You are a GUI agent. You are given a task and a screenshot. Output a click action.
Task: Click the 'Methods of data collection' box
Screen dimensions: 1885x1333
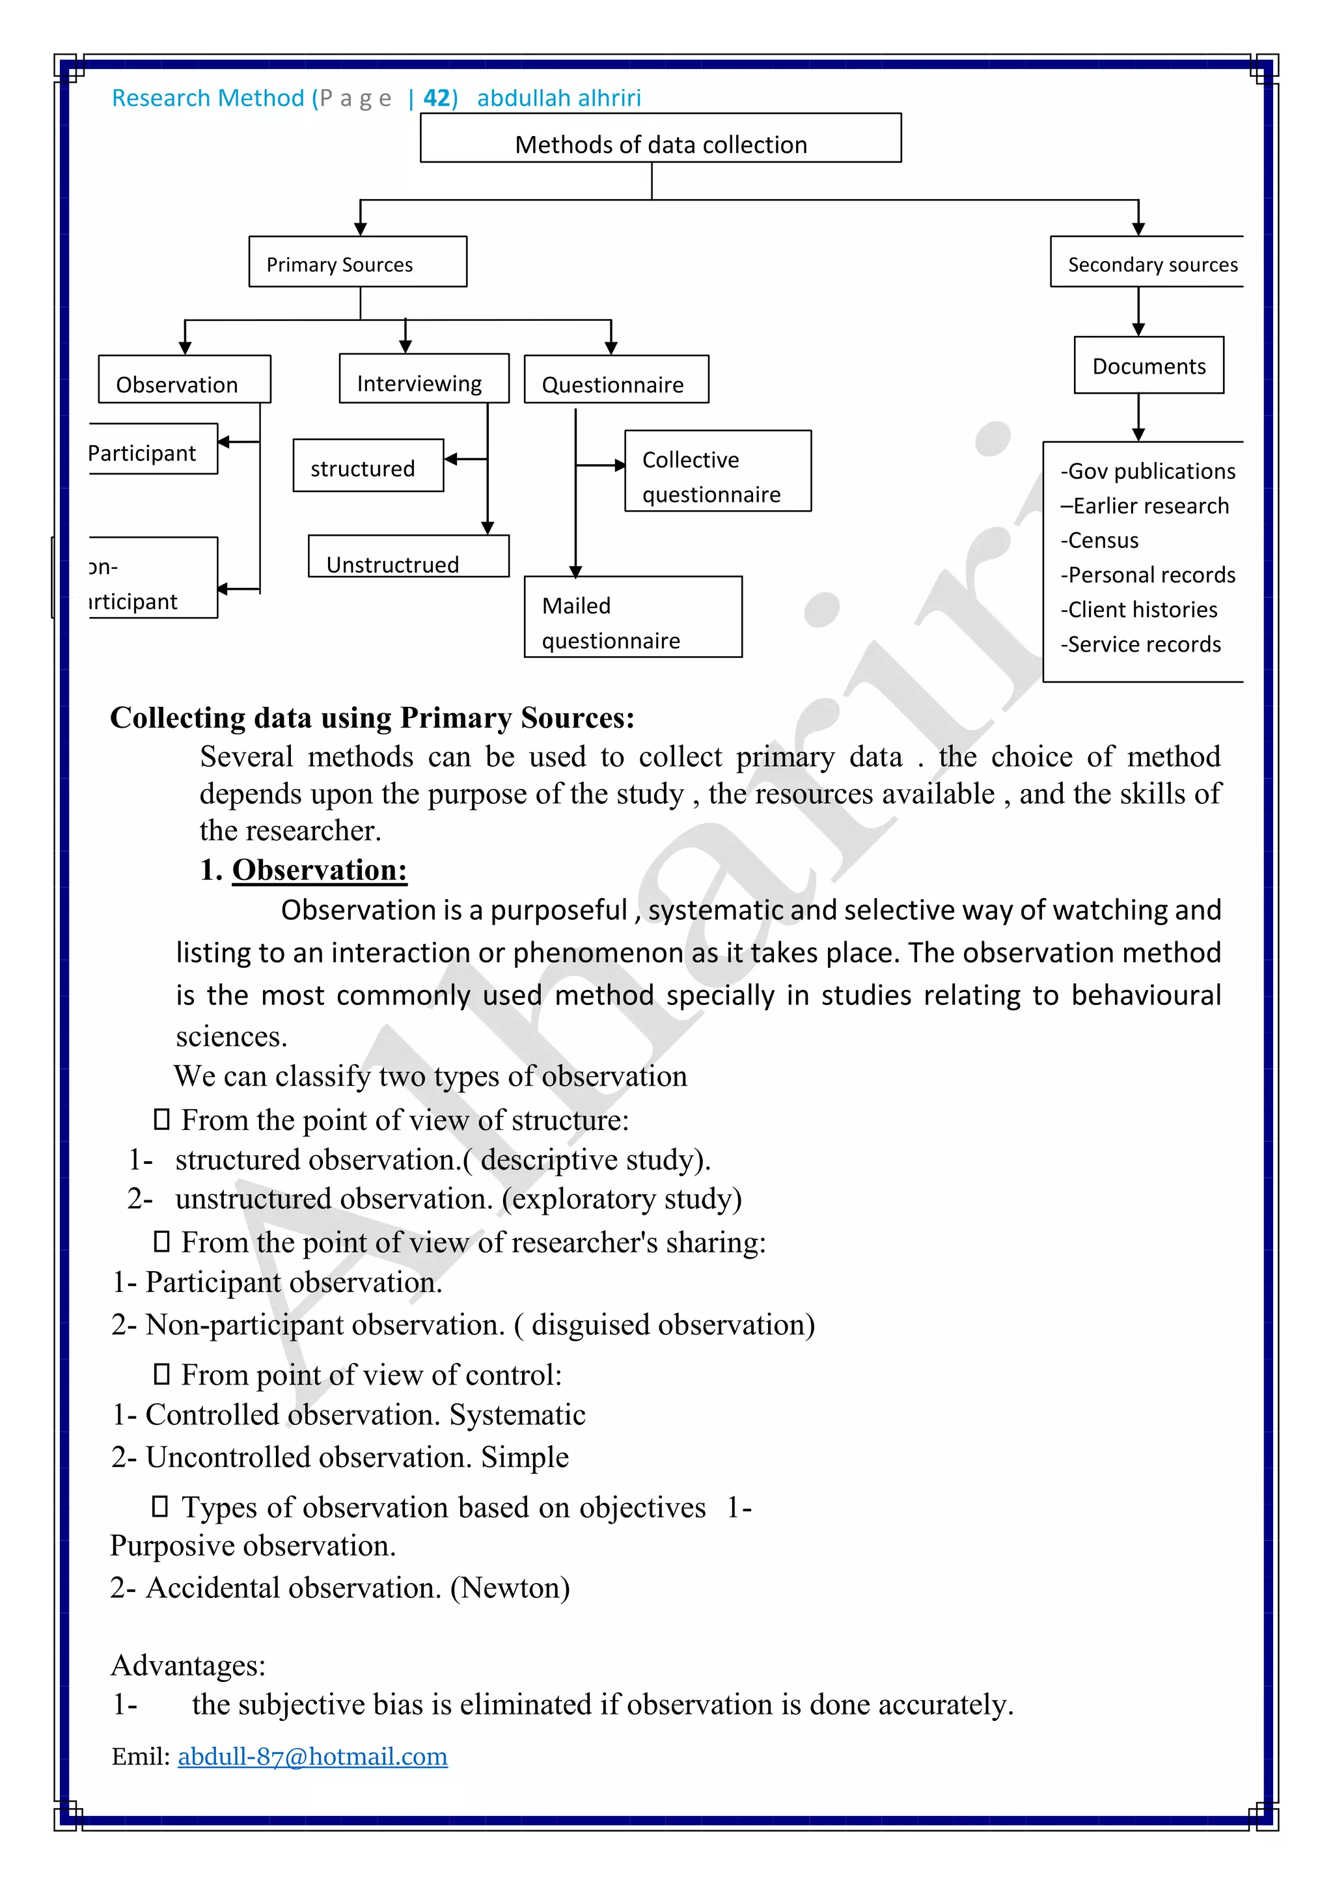[x=661, y=139]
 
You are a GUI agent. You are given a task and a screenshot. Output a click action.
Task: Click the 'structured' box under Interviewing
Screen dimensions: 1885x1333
[x=368, y=466]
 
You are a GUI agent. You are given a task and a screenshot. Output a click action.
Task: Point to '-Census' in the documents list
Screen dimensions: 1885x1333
[x=1099, y=541]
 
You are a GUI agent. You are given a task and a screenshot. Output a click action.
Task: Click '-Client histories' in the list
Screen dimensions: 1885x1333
[x=1138, y=610]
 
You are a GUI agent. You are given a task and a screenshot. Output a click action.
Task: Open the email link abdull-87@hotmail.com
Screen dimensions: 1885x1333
[x=312, y=1756]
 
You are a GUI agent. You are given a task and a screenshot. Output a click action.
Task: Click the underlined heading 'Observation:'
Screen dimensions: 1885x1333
[x=320, y=870]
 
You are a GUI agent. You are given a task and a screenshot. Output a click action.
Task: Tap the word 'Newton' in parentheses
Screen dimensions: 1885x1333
[x=510, y=1588]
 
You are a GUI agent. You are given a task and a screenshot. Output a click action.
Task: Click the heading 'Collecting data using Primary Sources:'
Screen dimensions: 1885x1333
[x=372, y=717]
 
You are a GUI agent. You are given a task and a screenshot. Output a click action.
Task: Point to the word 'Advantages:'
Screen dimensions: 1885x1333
[x=188, y=1665]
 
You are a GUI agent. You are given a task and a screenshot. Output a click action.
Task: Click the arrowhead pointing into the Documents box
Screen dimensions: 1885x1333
[x=1138, y=329]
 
